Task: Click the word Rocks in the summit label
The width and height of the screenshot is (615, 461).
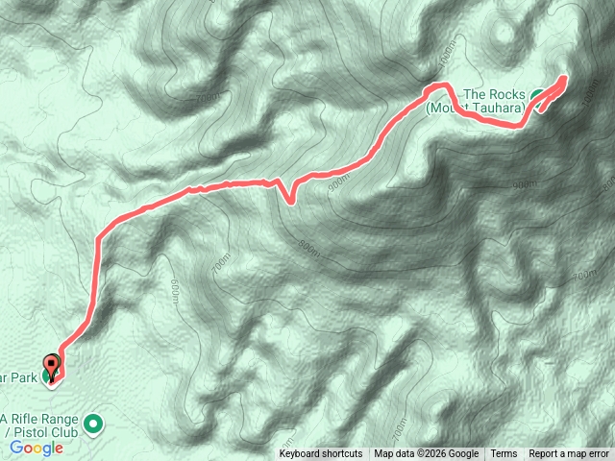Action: (x=508, y=94)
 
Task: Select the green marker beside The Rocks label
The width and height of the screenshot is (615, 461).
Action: (x=536, y=94)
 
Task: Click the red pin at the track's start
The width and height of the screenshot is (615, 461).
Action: (x=52, y=366)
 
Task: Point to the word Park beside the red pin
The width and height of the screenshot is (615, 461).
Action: (x=24, y=377)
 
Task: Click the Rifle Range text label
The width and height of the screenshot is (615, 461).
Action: (x=42, y=419)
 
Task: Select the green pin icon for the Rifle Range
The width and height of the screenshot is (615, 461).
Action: (x=93, y=423)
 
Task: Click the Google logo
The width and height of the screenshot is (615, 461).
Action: (x=37, y=448)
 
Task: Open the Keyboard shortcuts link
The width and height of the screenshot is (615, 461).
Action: (x=321, y=454)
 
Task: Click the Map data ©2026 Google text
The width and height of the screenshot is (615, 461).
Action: (x=427, y=454)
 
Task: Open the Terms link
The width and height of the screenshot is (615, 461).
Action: (x=504, y=454)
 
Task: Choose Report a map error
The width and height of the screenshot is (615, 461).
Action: (x=569, y=454)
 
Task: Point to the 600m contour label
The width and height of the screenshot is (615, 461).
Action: (x=176, y=289)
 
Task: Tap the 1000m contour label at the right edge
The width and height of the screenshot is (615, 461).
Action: (x=588, y=93)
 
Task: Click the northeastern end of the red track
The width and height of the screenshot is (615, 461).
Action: (x=563, y=78)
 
